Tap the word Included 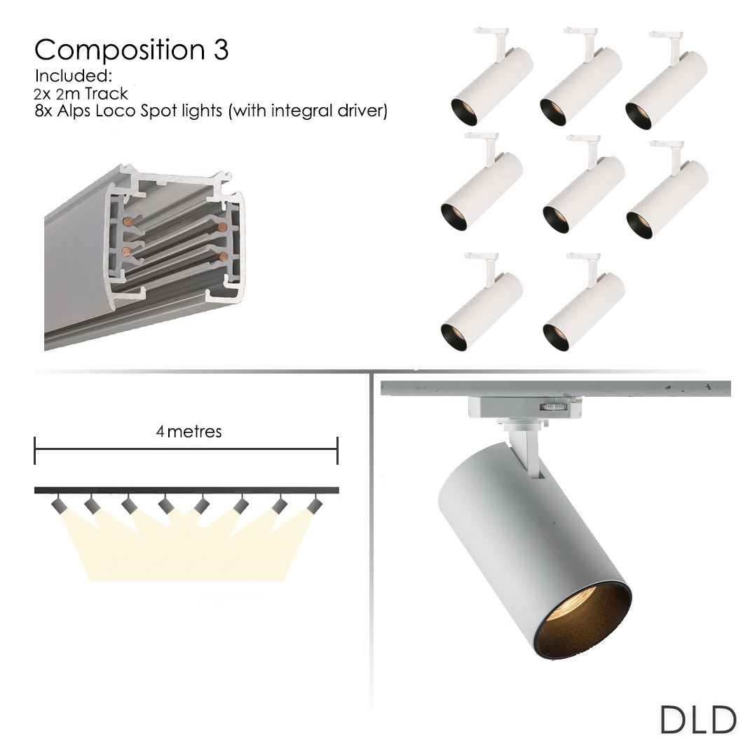pyautogui.click(x=74, y=75)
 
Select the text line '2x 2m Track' pyautogui.click(x=80, y=93)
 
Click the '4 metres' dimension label pyautogui.click(x=189, y=431)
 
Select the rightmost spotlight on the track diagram pyautogui.click(x=315, y=504)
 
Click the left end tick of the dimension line pyautogui.click(x=35, y=450)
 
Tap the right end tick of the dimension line pyautogui.click(x=337, y=450)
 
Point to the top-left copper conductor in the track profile pyautogui.click(x=126, y=221)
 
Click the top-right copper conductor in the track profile pyautogui.click(x=223, y=227)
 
